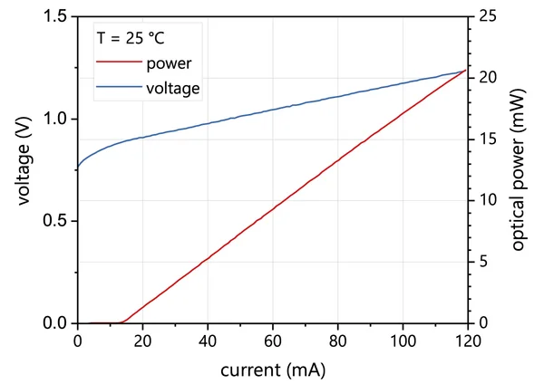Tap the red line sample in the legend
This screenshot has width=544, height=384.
click(x=118, y=64)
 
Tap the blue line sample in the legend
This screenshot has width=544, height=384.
click(x=118, y=88)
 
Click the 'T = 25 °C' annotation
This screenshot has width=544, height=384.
click(x=131, y=39)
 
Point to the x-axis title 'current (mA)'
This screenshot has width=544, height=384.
click(x=272, y=370)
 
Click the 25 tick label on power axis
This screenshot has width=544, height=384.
click(x=487, y=17)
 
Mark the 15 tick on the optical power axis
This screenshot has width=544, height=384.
click(x=487, y=139)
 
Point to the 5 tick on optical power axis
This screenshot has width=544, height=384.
click(x=483, y=262)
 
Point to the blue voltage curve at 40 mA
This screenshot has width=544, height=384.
click(x=208, y=123)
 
